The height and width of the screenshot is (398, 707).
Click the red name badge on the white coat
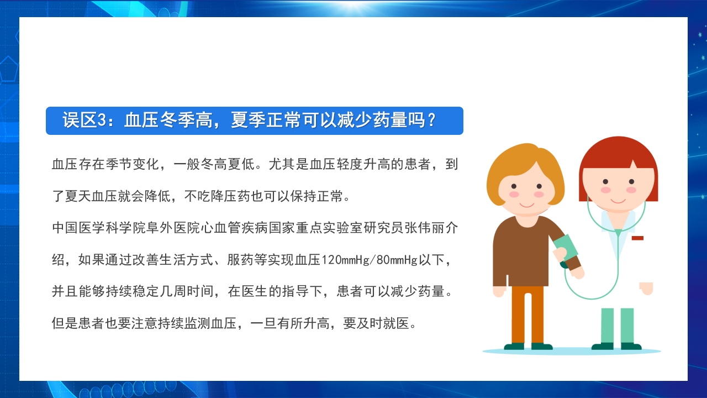(x=637, y=238)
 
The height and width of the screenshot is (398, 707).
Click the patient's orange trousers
(x=527, y=315)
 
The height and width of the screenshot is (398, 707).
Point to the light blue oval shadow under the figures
(x=572, y=351)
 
